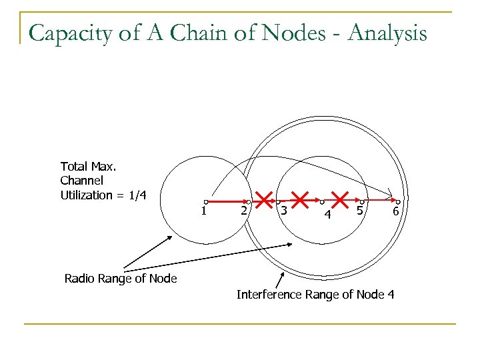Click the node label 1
(x=204, y=211)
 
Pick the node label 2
(x=245, y=211)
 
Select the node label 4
(x=327, y=215)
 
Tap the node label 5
(x=359, y=211)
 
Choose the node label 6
(x=395, y=211)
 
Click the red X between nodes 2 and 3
(x=265, y=199)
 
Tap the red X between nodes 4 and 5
(x=341, y=199)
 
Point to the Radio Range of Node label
(x=121, y=279)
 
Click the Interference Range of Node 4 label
(x=315, y=294)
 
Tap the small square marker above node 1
(x=207, y=201)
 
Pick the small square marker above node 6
(x=398, y=201)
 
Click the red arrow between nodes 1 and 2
(x=227, y=201)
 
